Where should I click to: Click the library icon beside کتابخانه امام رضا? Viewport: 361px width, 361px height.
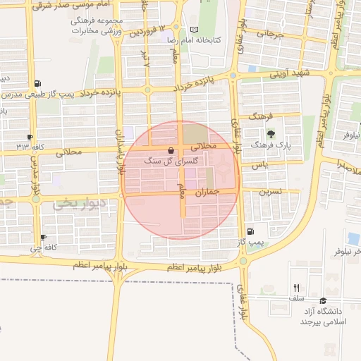(x=195, y=30)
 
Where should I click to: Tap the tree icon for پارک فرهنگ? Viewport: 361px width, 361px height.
(x=271, y=133)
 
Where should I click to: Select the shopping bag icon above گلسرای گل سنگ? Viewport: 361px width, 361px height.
(x=171, y=150)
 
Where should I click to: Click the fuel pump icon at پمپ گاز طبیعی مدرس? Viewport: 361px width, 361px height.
(x=37, y=83)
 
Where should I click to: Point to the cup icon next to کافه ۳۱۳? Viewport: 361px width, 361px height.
(x=30, y=137)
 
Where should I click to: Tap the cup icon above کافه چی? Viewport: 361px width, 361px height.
(x=44, y=238)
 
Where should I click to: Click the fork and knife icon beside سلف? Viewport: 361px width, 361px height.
(x=296, y=288)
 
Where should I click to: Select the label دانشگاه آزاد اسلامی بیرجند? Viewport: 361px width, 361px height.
(x=321, y=316)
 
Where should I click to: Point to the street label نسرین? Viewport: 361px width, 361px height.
(x=270, y=191)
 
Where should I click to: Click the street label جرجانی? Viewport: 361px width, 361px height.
(x=269, y=34)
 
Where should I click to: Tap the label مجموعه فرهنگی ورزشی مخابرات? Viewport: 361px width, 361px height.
(x=98, y=27)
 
